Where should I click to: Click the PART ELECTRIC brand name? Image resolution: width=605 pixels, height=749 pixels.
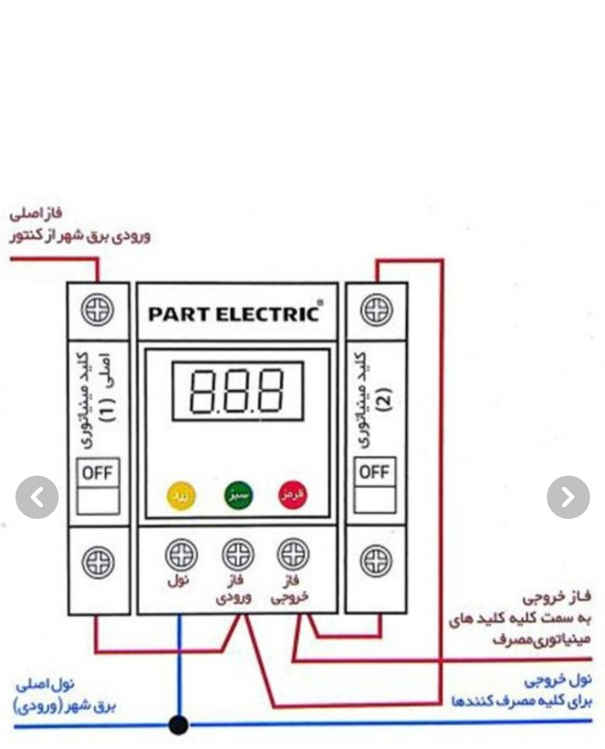(x=235, y=313)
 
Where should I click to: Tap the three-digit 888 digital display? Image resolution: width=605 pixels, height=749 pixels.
(x=236, y=391)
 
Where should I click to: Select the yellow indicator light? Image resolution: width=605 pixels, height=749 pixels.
(x=181, y=495)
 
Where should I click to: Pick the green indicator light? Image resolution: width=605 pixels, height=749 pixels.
(x=238, y=495)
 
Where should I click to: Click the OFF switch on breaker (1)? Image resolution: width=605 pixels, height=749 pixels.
(x=98, y=473)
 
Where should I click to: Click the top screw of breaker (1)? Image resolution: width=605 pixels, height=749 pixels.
(x=98, y=311)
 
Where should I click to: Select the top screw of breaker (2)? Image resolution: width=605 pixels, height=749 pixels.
(x=376, y=311)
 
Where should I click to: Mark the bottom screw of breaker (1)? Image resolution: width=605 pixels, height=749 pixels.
(x=98, y=561)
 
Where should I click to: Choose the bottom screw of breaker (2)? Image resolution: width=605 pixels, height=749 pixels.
(x=376, y=561)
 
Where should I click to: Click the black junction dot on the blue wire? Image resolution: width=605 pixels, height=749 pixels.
(x=179, y=725)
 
